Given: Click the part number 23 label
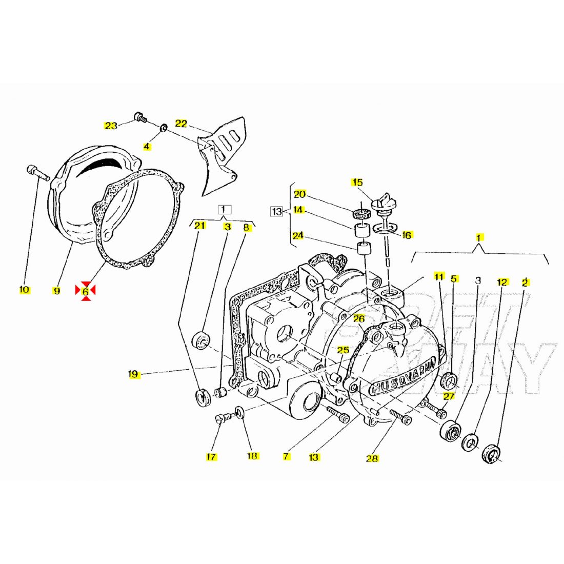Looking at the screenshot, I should click(x=111, y=125).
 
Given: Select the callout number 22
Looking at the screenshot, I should click(x=182, y=123).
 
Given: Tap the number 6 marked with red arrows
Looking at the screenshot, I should click(x=86, y=291).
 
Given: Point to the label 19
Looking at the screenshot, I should click(x=133, y=374).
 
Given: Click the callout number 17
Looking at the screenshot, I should click(x=211, y=457).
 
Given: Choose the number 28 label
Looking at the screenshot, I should click(x=372, y=458).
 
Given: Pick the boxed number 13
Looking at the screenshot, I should click(x=276, y=211).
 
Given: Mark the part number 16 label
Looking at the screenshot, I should click(x=407, y=235).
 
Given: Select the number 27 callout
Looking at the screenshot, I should click(x=449, y=396).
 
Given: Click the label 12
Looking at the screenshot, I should click(x=502, y=282).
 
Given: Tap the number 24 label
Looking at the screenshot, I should click(x=298, y=236).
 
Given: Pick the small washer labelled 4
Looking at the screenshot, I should click(x=163, y=127).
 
